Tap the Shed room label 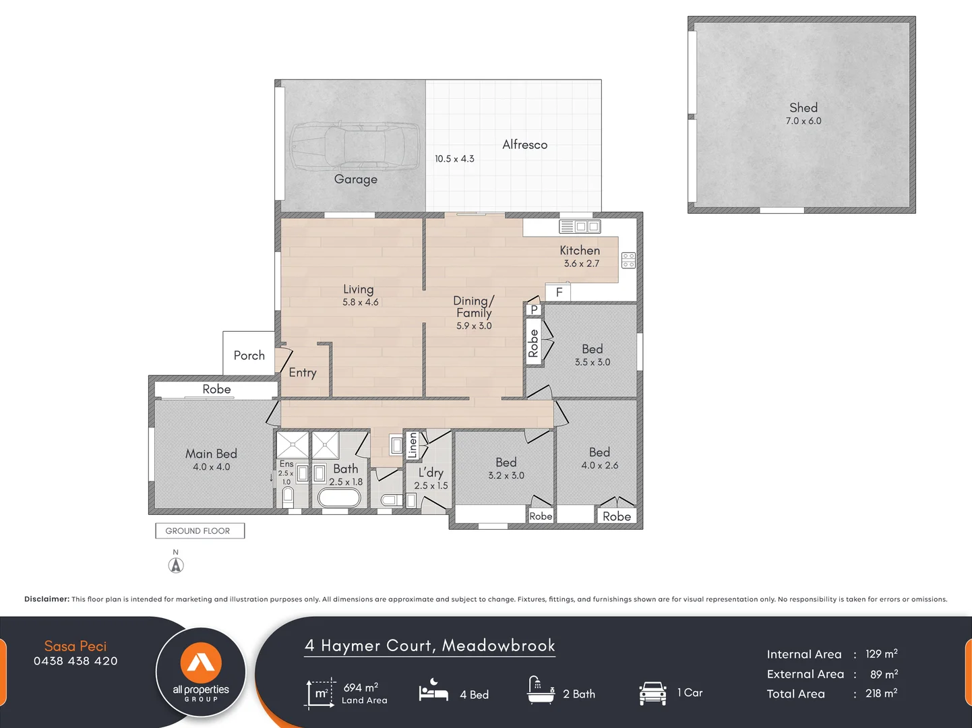tap(803, 108)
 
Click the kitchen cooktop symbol tap(628, 260)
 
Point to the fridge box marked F tap(558, 293)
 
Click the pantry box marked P tap(534, 309)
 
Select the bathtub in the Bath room tap(339, 497)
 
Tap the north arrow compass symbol tap(176, 565)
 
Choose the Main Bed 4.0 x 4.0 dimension tap(211, 467)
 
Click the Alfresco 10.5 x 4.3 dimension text tap(454, 159)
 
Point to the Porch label tap(249, 355)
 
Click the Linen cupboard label tap(413, 446)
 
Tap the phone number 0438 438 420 tap(75, 661)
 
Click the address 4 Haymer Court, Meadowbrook tap(430, 646)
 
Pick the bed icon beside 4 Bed tap(433, 692)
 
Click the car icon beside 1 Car tap(652, 693)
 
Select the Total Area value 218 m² tap(881, 694)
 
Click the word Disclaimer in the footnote tap(47, 599)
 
